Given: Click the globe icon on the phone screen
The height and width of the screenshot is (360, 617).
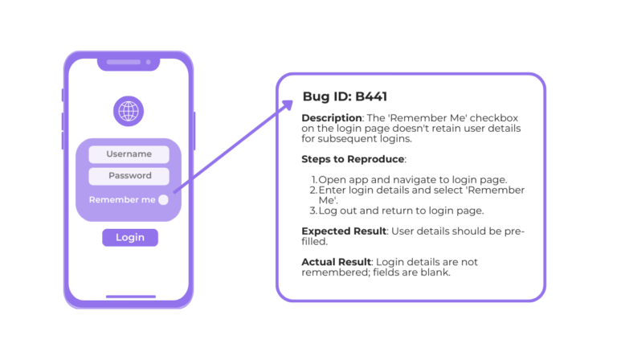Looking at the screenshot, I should pos(129,111).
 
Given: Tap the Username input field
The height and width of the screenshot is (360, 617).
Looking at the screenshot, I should pos(129,154).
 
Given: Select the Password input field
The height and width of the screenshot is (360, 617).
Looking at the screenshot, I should pos(129,176).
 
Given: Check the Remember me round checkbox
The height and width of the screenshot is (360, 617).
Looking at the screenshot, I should pos(163,200).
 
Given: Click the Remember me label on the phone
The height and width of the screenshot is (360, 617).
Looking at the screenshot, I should pos(121,200).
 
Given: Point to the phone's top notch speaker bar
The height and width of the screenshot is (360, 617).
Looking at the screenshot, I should pos(129,61).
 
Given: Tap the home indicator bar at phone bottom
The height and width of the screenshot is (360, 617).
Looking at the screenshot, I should pos(129,297).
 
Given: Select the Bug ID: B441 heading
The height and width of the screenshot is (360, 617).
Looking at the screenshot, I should pos(345,97).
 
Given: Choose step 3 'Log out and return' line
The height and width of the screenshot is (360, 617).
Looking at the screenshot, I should pos(401,211).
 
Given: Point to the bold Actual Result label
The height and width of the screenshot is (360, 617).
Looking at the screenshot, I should pos(336,262).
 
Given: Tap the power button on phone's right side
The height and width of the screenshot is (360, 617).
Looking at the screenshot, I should pos(194,131).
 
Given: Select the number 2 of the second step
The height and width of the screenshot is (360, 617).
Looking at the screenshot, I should pos(313,190).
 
